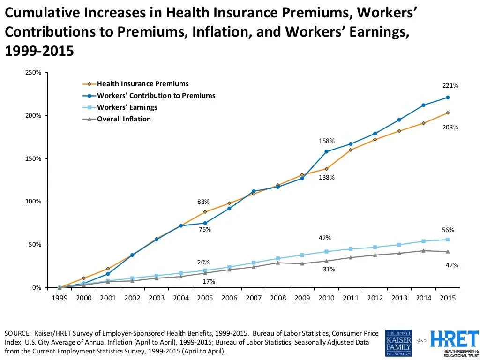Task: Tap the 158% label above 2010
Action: [x=326, y=141]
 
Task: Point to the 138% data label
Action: [x=326, y=178]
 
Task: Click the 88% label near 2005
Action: [x=203, y=202]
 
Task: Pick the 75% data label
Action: [x=204, y=230]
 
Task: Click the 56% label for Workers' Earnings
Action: [x=448, y=230]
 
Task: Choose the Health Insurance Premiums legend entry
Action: [x=142, y=84]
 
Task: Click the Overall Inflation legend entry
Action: [x=124, y=119]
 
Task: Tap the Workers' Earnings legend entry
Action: [x=127, y=107]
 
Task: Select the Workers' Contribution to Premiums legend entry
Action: [x=156, y=96]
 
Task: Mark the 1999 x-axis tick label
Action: [x=60, y=298]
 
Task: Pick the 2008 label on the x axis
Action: [x=278, y=298]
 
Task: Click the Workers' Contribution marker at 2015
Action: [x=448, y=97]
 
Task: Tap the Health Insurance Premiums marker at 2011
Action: [x=351, y=150]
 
